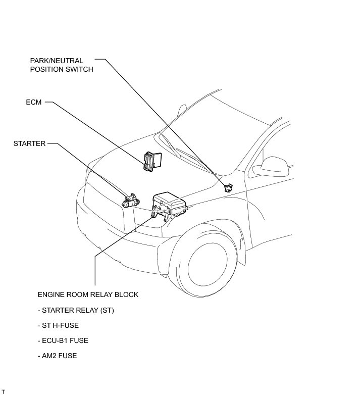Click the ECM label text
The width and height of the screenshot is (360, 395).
click(x=34, y=102)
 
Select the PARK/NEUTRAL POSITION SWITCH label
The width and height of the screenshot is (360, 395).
click(x=61, y=65)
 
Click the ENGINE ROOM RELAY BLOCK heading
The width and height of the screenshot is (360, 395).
click(x=88, y=294)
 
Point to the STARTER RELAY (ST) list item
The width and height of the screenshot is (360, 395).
click(x=76, y=310)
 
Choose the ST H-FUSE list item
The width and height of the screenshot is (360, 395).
click(x=58, y=325)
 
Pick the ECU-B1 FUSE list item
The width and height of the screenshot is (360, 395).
click(x=63, y=340)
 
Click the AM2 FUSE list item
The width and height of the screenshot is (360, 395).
click(x=57, y=356)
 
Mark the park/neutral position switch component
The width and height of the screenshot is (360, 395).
click(x=227, y=187)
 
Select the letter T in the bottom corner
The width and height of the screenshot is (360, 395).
click(x=3, y=391)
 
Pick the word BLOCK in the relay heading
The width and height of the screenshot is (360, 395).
click(x=127, y=294)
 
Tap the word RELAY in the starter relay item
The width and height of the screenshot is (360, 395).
click(x=87, y=310)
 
